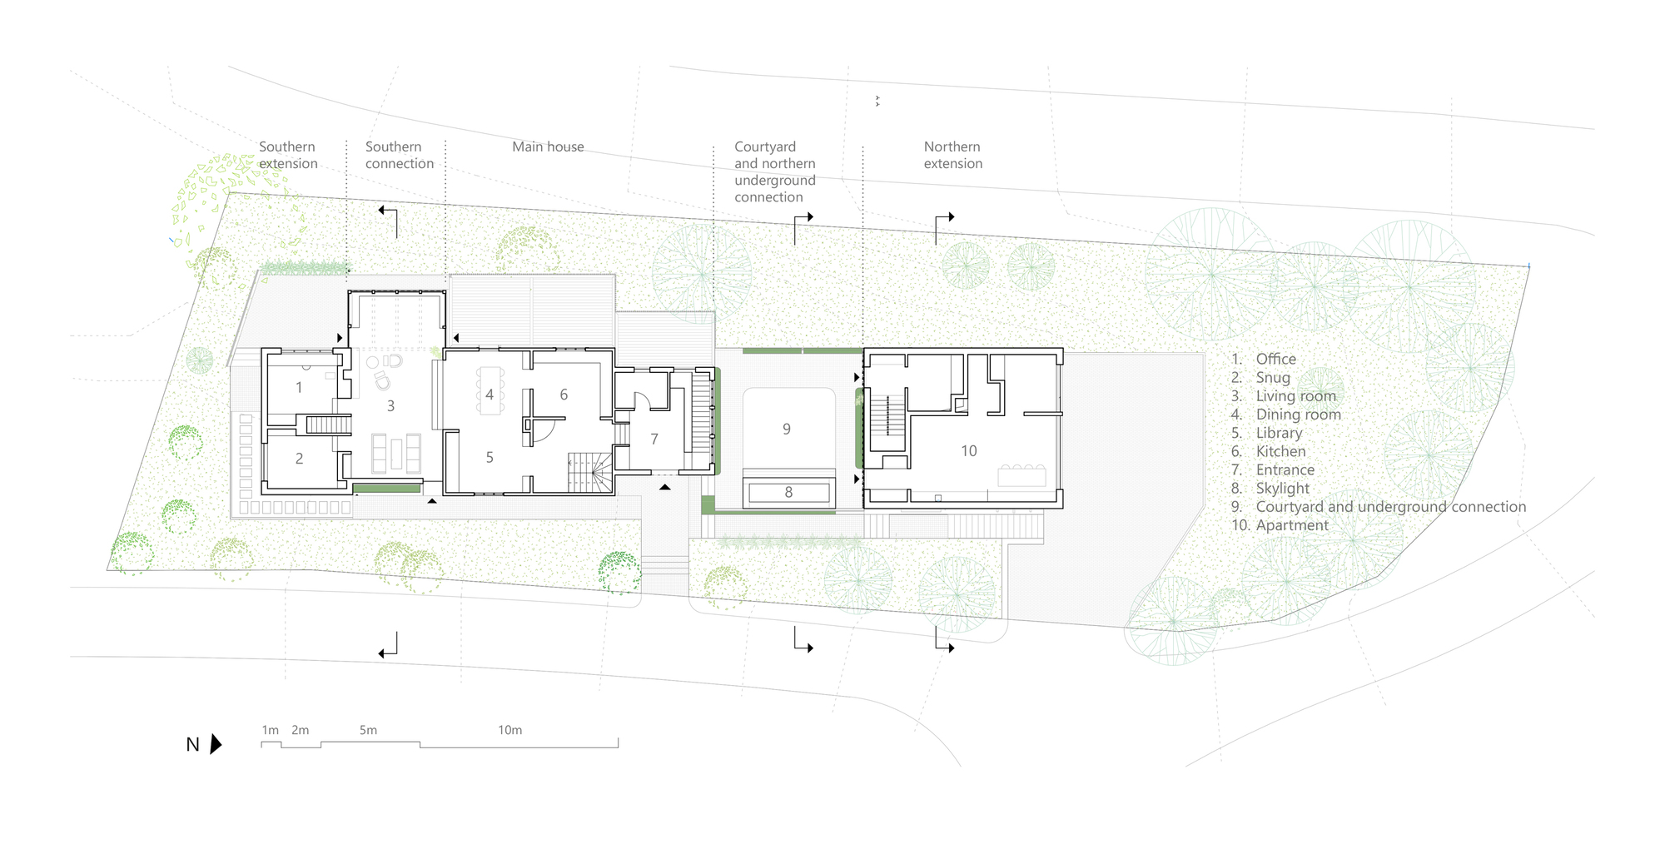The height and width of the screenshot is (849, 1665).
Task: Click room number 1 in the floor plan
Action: (299, 388)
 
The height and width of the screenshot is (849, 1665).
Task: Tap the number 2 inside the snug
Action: (299, 459)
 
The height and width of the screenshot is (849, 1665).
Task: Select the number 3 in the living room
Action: (390, 406)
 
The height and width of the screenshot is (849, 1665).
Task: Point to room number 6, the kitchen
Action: (564, 395)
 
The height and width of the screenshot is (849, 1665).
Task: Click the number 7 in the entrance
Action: (654, 439)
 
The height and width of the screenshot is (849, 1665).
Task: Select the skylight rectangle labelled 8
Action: (788, 493)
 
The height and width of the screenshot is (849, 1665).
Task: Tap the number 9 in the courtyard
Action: (787, 429)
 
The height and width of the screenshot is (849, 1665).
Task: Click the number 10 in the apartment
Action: (969, 451)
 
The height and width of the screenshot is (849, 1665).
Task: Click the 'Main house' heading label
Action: (548, 147)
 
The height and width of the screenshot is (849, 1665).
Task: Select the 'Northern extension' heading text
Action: (952, 156)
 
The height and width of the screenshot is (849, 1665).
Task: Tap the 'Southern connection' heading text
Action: (399, 156)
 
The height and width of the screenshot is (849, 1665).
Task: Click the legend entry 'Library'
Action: (1279, 433)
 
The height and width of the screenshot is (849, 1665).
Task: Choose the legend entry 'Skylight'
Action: (1282, 489)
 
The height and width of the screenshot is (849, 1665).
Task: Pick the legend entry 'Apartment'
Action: (1292, 525)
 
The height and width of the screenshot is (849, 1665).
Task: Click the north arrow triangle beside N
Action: (216, 744)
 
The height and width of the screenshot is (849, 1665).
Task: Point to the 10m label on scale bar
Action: (509, 730)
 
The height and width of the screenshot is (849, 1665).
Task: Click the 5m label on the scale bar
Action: (368, 730)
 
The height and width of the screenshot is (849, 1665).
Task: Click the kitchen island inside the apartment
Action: (1021, 475)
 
